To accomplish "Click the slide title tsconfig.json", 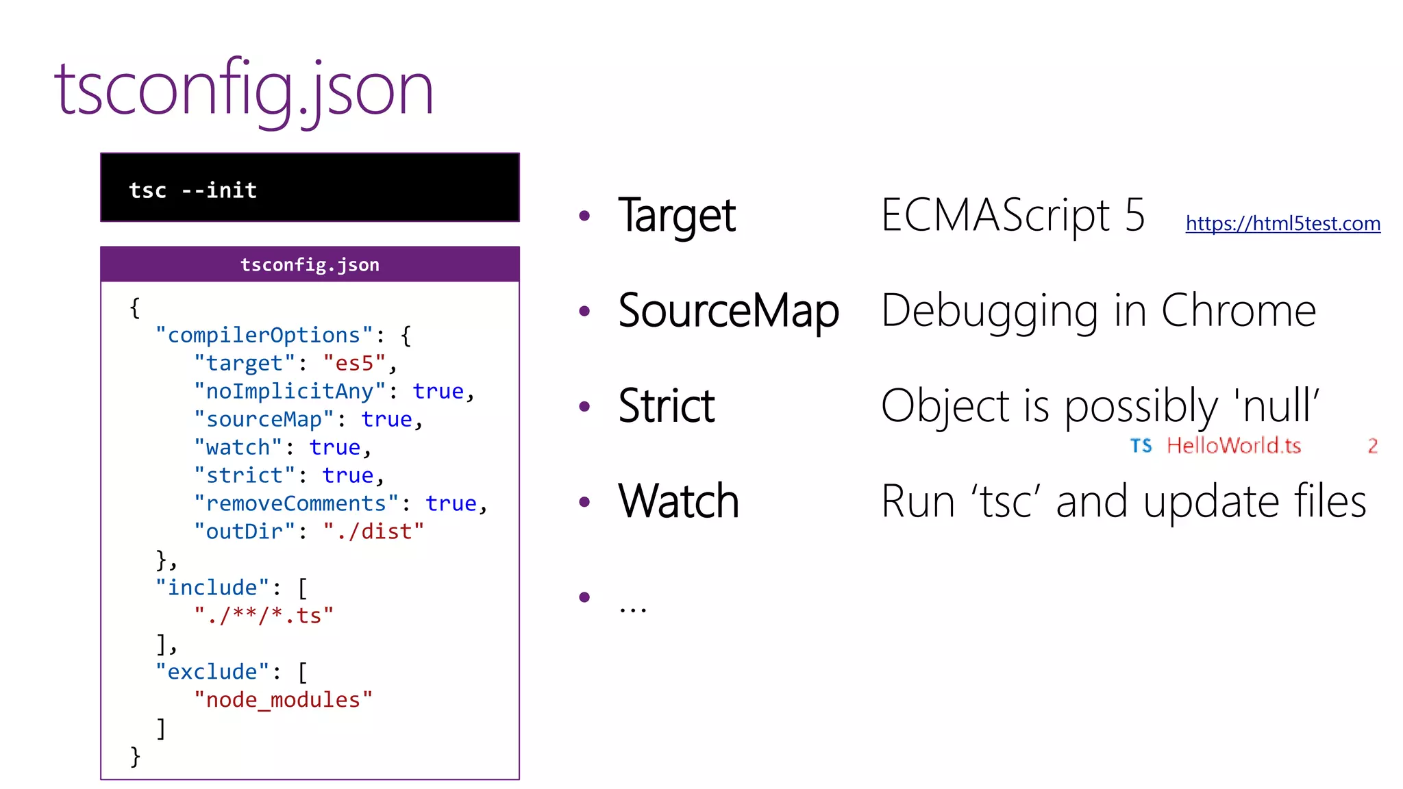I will pos(244,89).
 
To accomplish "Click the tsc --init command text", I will pos(193,190).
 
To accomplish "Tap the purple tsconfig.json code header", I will pos(310,264).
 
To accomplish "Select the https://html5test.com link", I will pos(1282,223).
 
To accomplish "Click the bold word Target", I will pos(676,215).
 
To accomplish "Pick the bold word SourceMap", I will pos(728,310).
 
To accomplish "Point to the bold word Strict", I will pos(666,405).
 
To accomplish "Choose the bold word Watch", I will pos(678,501).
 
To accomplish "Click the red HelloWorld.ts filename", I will pos(1233,446).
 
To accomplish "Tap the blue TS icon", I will pos(1141,446).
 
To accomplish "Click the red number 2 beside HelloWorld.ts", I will pos(1372,446).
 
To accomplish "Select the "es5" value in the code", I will pos(354,363).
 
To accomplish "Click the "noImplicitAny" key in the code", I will pos(290,391).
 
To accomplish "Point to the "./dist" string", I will pos(373,531).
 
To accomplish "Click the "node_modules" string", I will pos(283,700).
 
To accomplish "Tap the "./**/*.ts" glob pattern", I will pos(264,616).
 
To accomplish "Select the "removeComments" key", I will pos(296,503).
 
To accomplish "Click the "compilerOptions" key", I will pos(264,335).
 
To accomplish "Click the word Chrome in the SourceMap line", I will pos(1238,310).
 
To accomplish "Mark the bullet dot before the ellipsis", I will pos(584,597).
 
